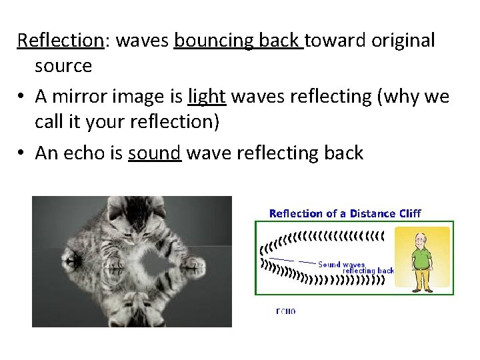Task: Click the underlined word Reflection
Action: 59,40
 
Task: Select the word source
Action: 63,67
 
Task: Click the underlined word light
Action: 207,97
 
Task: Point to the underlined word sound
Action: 155,153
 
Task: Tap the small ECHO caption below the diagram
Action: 285,311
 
